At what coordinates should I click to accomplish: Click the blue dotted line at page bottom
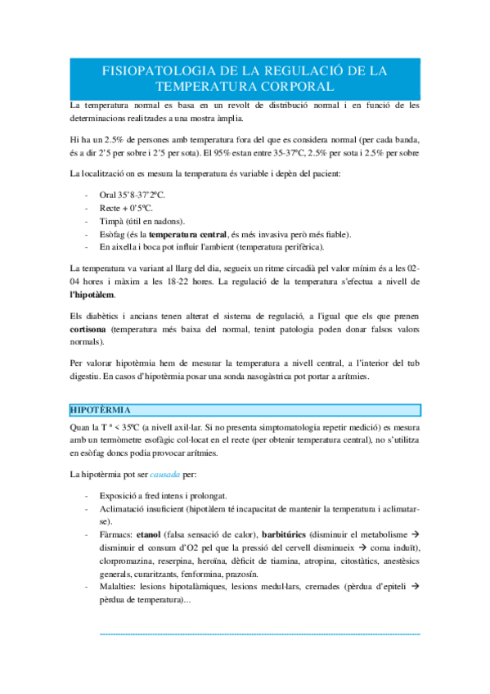point(258,633)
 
